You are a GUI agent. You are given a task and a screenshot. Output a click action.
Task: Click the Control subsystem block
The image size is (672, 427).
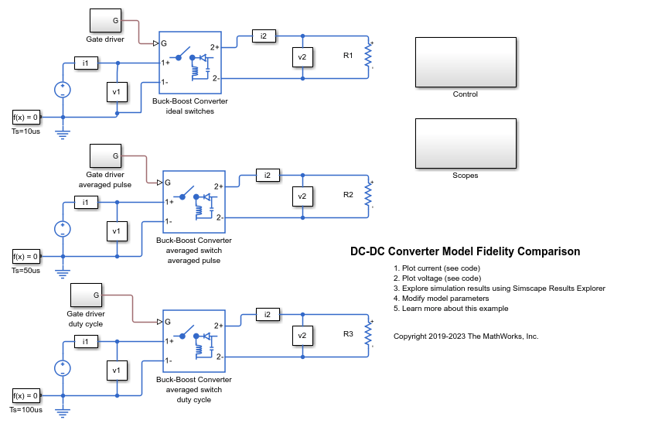pyautogui.click(x=466, y=62)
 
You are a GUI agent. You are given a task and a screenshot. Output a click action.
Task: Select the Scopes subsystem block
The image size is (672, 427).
pyautogui.click(x=466, y=143)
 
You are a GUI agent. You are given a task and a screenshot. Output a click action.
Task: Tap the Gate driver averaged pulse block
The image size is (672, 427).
pyautogui.click(x=105, y=156)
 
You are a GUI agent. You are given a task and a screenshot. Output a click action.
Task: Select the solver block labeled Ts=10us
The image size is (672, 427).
pyautogui.click(x=26, y=117)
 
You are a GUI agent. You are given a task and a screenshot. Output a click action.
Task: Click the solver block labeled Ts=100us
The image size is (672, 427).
pyautogui.click(x=26, y=395)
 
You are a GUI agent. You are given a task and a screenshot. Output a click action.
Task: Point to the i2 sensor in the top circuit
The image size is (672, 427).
pyautogui.click(x=263, y=36)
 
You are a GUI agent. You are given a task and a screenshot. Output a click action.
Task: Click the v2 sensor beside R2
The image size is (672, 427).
pyautogui.click(x=302, y=196)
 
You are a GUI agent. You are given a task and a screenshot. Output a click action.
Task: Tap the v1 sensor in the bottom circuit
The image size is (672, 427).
pyautogui.click(x=117, y=371)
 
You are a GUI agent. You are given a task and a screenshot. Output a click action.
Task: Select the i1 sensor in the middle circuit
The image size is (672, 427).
pyautogui.click(x=86, y=202)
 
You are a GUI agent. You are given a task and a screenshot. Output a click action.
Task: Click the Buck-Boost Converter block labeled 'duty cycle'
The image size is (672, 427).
pyautogui.click(x=193, y=341)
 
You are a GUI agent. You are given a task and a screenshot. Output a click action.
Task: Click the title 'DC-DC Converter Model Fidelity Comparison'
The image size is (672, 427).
pyautogui.click(x=465, y=251)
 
